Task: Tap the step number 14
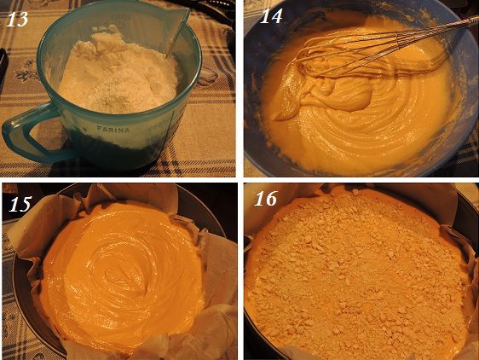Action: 271,15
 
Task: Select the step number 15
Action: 20,204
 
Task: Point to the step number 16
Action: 265,198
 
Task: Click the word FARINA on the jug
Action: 113,129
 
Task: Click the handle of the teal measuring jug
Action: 19,135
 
